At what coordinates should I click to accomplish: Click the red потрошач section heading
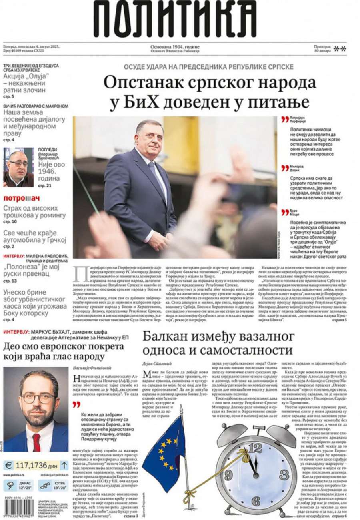click(22, 198)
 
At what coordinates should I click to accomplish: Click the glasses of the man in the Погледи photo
click(18, 164)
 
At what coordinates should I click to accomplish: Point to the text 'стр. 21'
click(45, 186)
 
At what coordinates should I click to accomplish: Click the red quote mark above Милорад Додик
click(284, 168)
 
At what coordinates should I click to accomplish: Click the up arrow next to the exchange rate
click(64, 465)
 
